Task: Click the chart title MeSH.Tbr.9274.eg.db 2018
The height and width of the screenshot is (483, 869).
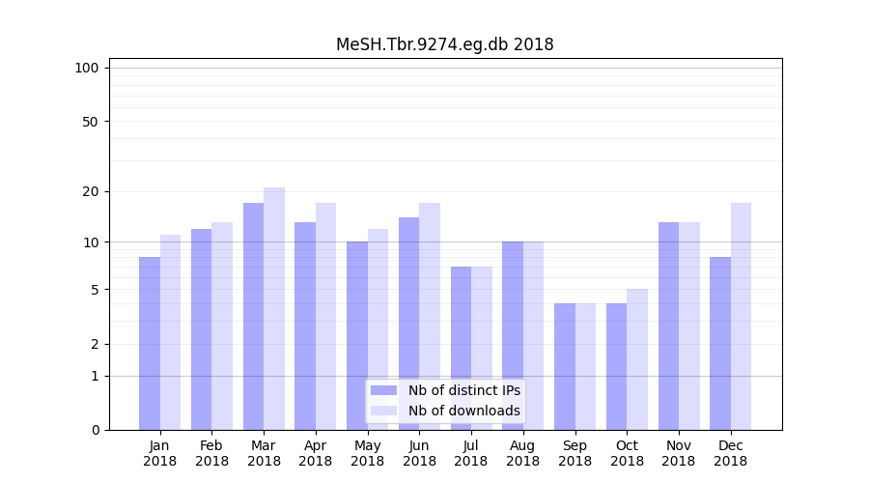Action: (x=444, y=44)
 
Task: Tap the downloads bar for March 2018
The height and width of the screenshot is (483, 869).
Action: (x=274, y=308)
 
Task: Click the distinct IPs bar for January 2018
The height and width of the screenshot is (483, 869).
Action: (x=150, y=343)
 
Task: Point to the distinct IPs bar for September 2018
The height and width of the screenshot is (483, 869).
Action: (x=565, y=366)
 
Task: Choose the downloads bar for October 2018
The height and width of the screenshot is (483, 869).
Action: (x=637, y=359)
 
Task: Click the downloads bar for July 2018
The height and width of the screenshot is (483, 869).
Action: (x=482, y=348)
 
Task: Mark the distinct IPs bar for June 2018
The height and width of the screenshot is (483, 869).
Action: (x=409, y=324)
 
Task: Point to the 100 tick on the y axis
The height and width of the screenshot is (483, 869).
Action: (x=87, y=68)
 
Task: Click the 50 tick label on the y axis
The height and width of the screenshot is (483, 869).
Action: (x=90, y=122)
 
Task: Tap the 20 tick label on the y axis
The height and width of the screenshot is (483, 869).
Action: (x=90, y=191)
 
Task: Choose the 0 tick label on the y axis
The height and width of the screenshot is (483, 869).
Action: (x=95, y=430)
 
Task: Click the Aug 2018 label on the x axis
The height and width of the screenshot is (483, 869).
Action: (x=523, y=453)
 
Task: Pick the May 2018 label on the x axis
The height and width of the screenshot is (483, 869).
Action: (x=368, y=453)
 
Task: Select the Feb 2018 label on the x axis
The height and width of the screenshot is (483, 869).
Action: (x=211, y=453)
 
